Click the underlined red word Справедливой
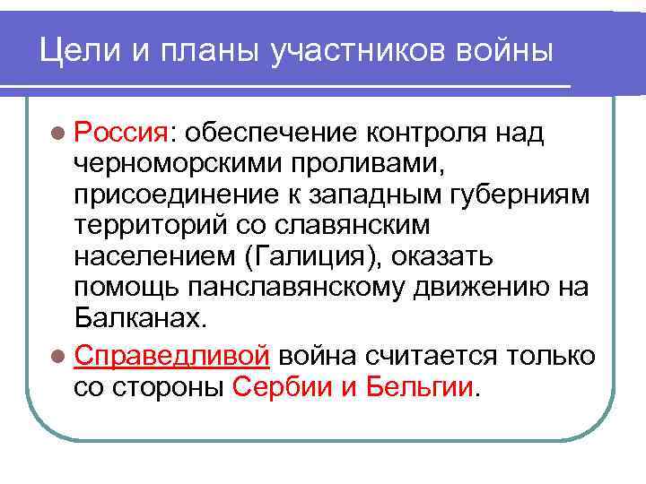[172, 356]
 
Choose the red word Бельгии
[419, 387]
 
